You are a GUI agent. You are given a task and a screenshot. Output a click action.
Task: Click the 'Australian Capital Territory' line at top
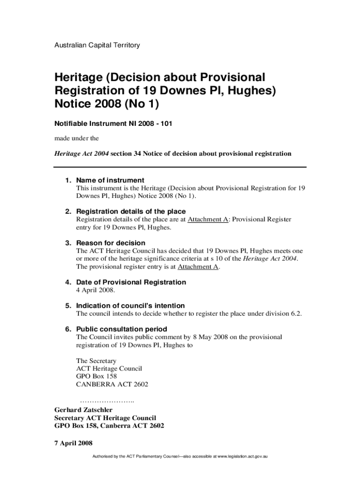point(97,45)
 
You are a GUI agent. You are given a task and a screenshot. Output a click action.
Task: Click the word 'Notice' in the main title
point(76,104)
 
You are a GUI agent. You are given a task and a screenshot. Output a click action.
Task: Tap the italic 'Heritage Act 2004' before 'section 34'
point(81,153)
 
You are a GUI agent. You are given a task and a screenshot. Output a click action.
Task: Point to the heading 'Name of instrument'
point(110,180)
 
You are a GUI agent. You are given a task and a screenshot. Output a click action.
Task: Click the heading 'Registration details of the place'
point(130,211)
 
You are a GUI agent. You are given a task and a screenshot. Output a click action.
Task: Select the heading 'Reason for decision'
point(110,243)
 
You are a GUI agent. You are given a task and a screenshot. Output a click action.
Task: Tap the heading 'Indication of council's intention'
point(130,305)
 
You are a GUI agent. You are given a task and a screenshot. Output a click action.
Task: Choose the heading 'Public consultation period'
point(122,329)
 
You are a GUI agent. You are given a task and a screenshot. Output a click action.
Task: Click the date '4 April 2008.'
point(95,290)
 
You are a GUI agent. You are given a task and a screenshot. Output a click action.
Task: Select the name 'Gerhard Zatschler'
point(84,410)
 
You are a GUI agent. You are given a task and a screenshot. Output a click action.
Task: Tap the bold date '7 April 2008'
point(73,443)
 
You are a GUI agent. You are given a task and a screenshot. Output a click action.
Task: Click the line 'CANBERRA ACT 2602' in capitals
point(112,384)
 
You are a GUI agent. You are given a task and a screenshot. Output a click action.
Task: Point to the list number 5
point(68,305)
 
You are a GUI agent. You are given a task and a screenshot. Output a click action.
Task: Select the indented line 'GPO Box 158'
point(96,376)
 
